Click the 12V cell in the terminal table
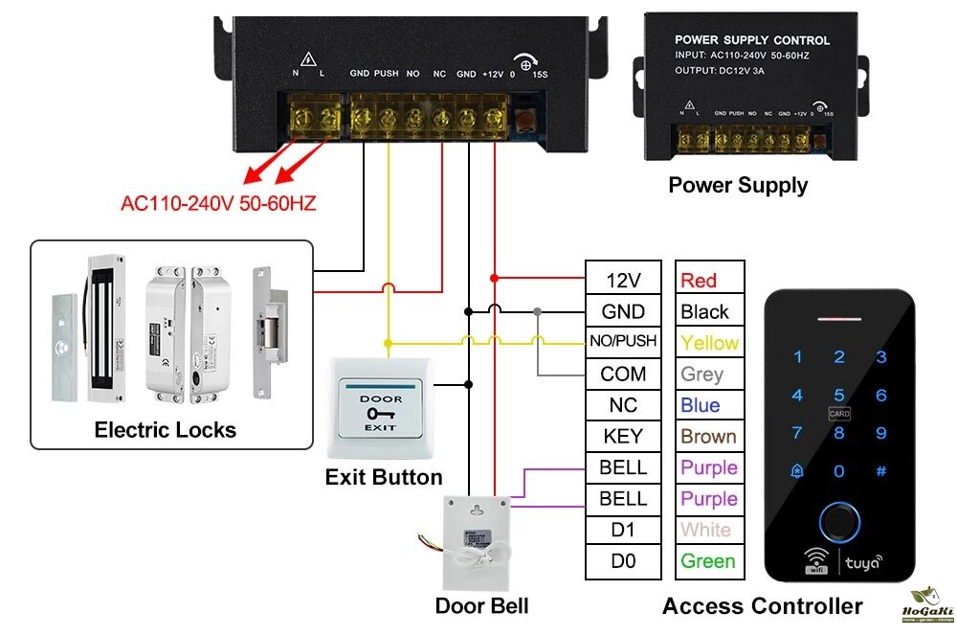[622, 280]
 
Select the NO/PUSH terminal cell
[622, 342]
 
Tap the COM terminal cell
[622, 374]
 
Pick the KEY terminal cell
[622, 436]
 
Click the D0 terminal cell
[622, 561]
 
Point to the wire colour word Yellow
[709, 342]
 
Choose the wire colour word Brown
[708, 436]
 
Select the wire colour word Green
[708, 561]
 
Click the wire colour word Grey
[701, 374]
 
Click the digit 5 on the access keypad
[839, 394]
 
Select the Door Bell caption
[481, 605]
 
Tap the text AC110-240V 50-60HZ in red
[218, 203]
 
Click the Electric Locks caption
[165, 429]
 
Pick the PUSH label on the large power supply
[387, 73]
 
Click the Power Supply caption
[738, 185]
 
